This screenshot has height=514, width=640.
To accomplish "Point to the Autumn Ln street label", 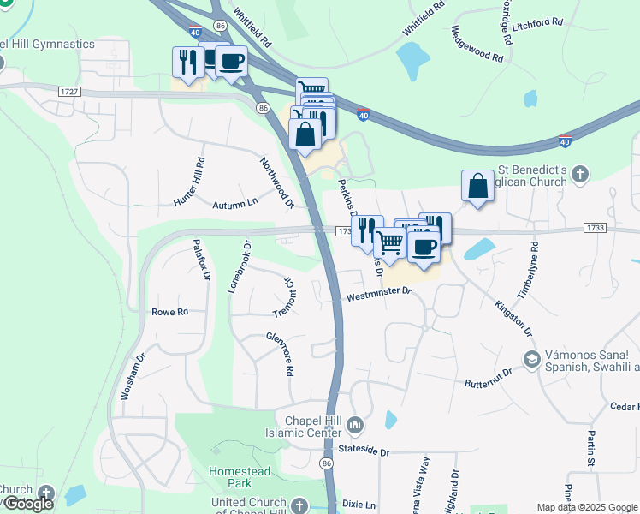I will (x=235, y=203).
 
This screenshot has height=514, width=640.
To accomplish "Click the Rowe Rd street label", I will (x=169, y=312).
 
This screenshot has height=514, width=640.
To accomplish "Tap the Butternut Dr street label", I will (x=488, y=377).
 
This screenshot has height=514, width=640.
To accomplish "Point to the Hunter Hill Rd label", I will (x=190, y=182).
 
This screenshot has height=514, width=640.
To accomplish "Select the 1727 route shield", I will (x=69, y=91).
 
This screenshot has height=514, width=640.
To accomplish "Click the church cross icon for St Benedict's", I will (x=579, y=176).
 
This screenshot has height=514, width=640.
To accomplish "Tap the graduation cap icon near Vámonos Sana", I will (x=530, y=359).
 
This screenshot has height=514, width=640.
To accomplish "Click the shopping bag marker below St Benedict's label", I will (x=477, y=187).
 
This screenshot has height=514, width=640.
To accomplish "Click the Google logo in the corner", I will (x=27, y=503).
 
